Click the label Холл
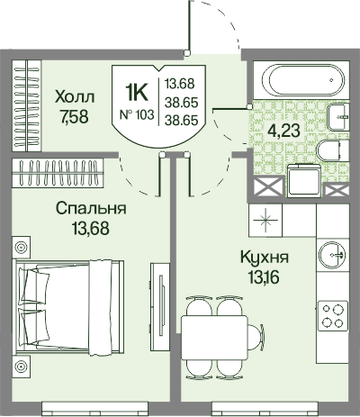click(75, 97)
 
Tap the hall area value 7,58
click(74, 117)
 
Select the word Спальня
click(91, 209)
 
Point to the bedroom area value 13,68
click(90, 228)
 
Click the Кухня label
click(265, 258)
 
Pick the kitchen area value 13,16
click(264, 276)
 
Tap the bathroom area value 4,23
click(283, 131)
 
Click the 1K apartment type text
click(137, 93)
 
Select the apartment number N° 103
click(137, 114)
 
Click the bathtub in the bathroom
click(301, 80)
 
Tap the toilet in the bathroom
click(333, 151)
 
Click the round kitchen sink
click(333, 255)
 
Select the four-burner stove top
click(333, 316)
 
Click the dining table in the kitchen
click(214, 337)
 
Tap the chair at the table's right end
click(256, 337)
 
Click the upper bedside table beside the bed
click(21, 248)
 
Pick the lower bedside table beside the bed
click(21, 367)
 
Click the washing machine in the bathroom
click(304, 180)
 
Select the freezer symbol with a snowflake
click(265, 221)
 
